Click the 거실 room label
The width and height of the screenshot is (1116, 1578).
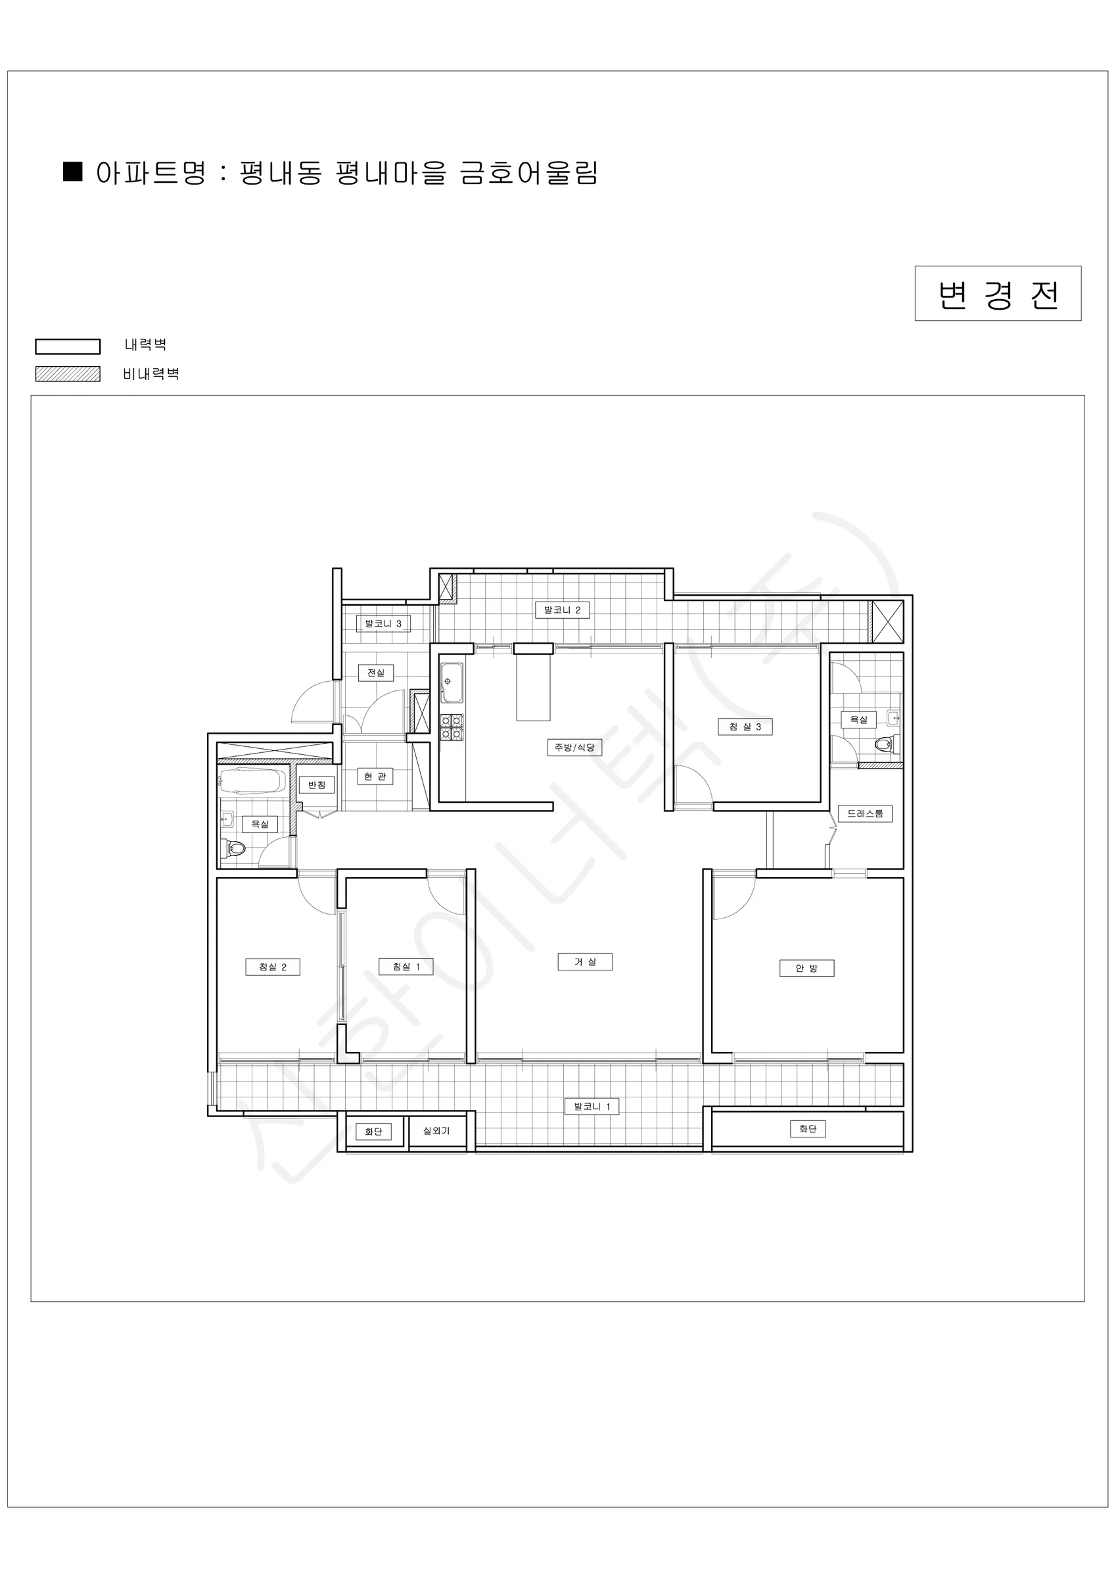coord(585,961)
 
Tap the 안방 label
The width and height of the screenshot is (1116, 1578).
coord(806,968)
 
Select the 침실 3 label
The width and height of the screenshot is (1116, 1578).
coord(745,727)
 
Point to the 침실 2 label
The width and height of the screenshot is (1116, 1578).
coord(273,967)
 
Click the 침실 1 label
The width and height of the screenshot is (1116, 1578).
coord(406,967)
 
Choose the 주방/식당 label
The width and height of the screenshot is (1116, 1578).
coord(574,747)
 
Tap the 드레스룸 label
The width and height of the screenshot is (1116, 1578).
coord(865,813)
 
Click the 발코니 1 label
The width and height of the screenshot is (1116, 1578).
coord(592,1107)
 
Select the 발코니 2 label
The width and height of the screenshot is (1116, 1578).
coord(562,610)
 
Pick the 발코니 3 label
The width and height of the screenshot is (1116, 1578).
coord(383,623)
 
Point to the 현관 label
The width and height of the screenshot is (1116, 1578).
coord(375,776)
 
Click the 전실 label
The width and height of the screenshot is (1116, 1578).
coord(376,672)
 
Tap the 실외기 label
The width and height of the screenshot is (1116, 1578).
coord(436,1131)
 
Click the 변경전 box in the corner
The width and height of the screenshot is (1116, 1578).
coord(998,293)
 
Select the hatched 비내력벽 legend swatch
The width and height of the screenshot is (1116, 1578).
coord(68,374)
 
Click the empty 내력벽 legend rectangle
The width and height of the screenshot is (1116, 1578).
coord(68,347)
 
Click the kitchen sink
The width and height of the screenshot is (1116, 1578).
coord(452,682)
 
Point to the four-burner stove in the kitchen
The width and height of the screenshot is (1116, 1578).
coord(452,727)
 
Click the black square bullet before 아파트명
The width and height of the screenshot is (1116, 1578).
coord(73,171)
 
